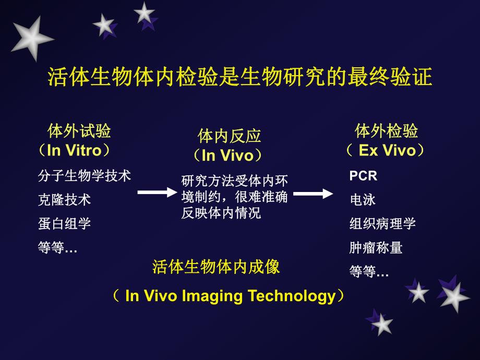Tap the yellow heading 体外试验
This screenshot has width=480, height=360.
79,130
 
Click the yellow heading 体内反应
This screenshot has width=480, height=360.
230,136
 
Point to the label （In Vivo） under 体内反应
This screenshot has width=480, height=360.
227,155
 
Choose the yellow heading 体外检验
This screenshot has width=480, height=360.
387,130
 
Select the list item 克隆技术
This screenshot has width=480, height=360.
65,200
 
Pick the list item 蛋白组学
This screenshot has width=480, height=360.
65,224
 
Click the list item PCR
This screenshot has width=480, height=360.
363,176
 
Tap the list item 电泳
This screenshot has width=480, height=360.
363,200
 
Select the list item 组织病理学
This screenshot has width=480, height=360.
382,224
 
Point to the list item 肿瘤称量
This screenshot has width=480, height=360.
376,248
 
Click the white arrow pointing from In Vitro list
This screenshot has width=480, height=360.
157,193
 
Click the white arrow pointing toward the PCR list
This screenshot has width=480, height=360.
313,194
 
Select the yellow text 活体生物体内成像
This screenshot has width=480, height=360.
216,267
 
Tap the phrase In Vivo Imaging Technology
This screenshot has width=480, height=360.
230,296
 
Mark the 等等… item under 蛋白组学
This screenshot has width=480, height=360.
57,248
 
